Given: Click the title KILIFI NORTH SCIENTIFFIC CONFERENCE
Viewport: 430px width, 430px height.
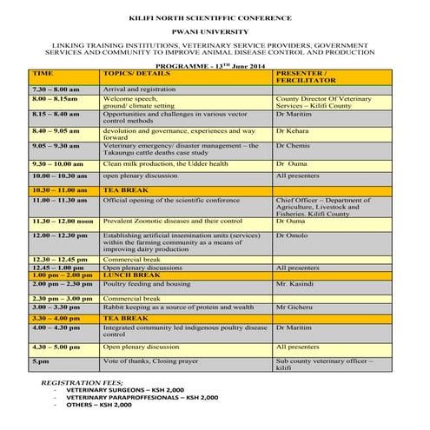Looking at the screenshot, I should pos(215,17).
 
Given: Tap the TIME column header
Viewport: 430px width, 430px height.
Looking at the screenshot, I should pos(43,74).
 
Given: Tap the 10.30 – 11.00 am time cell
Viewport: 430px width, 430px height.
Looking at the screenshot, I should pos(60,189).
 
